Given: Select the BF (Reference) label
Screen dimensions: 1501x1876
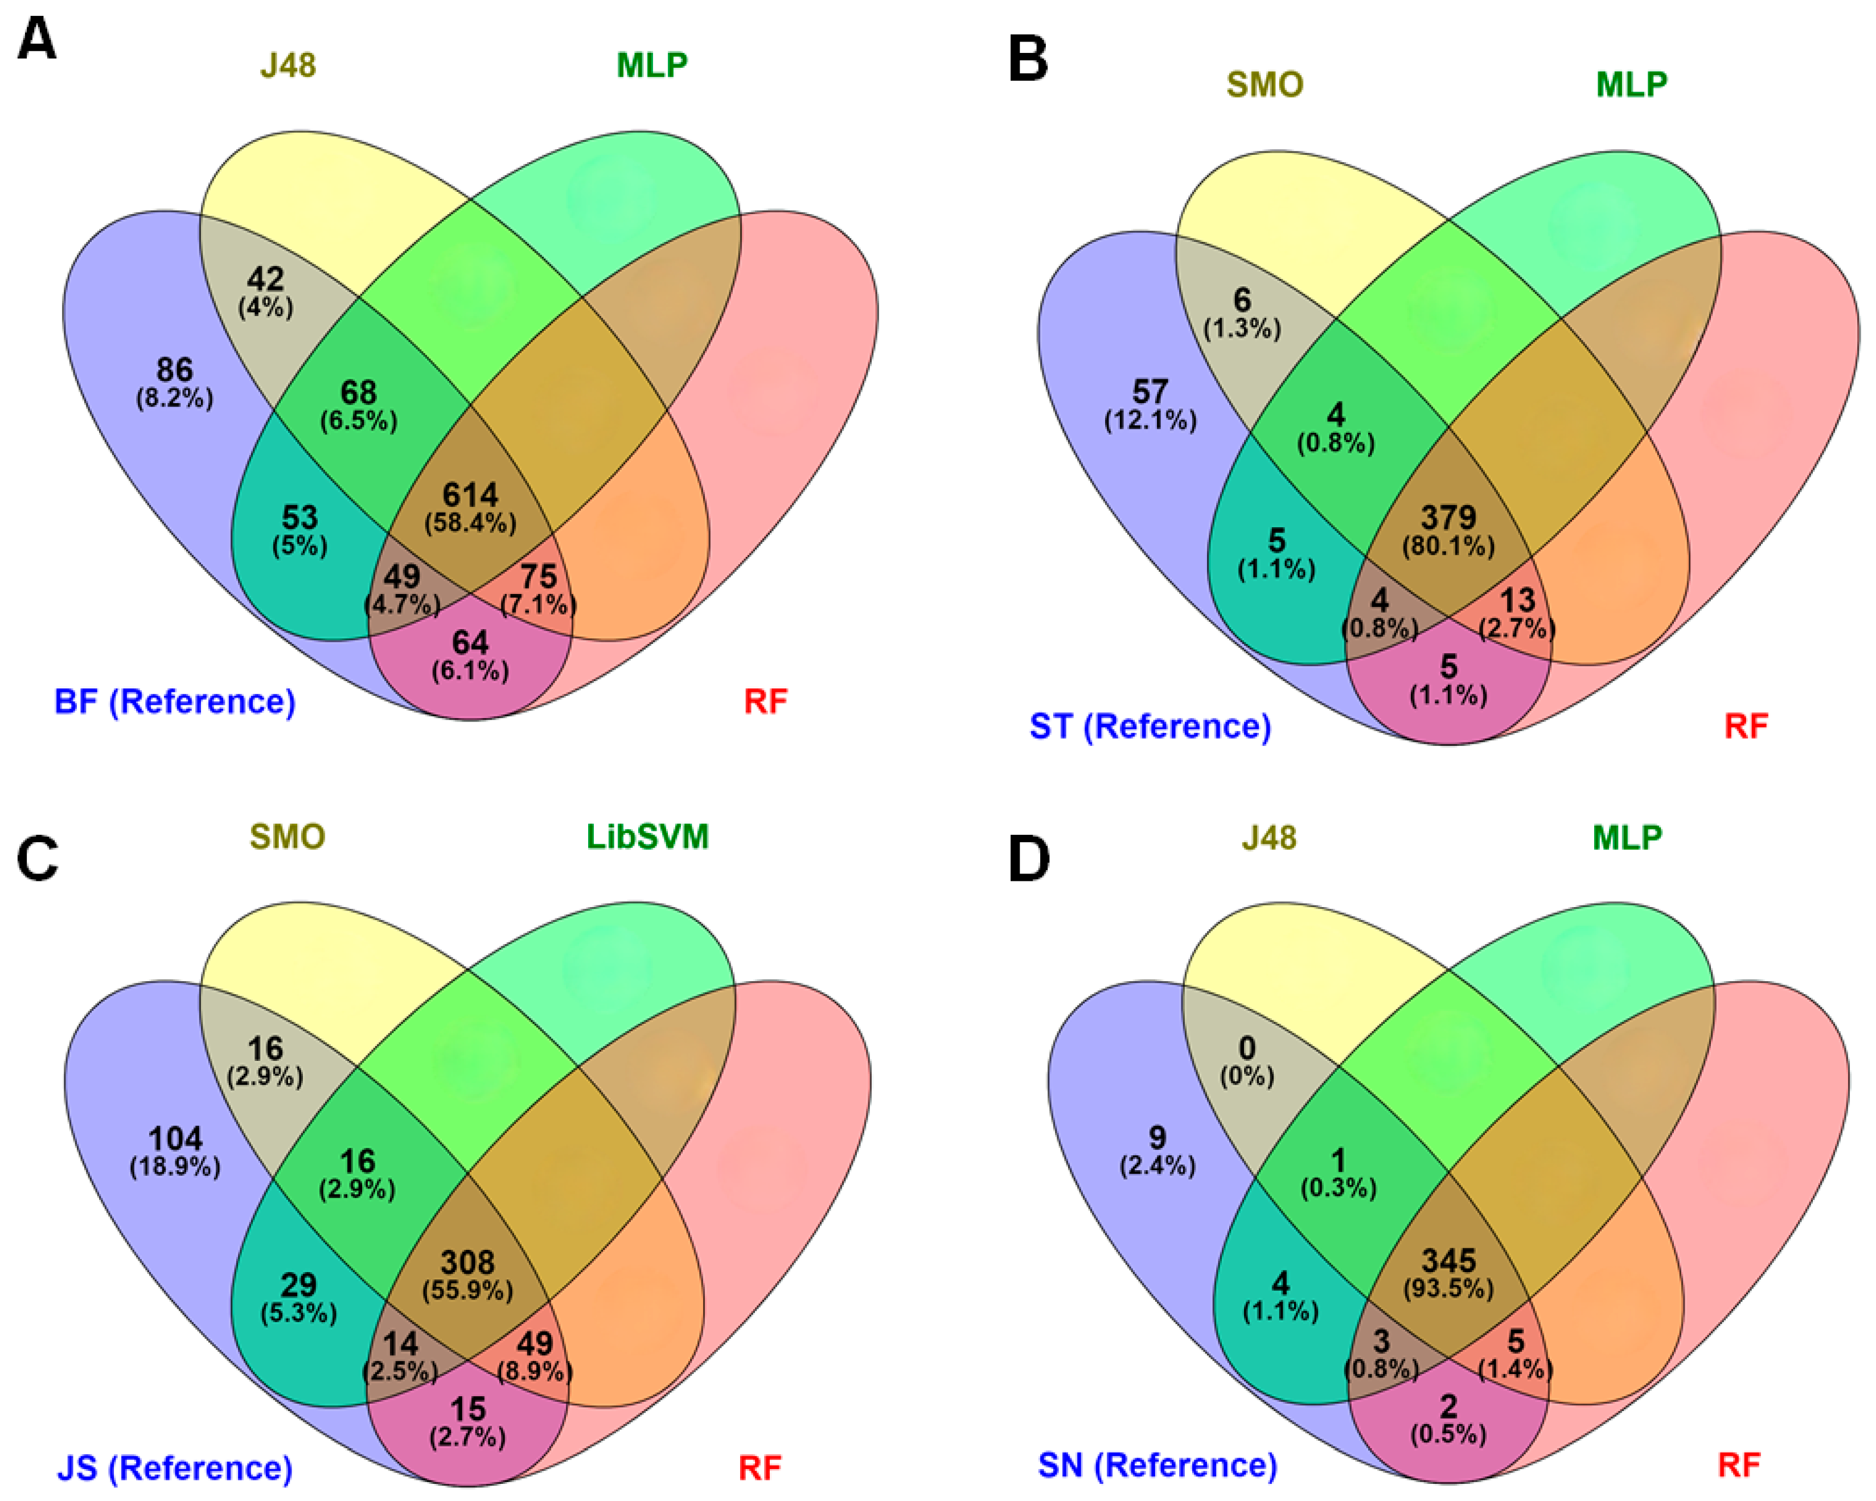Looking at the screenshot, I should click(x=175, y=702).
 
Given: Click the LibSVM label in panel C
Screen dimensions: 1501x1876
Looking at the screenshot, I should click(x=647, y=836).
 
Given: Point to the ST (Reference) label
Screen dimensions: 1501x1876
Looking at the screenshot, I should click(x=1150, y=725).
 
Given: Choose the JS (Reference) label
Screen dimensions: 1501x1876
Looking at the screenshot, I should click(x=175, y=1468).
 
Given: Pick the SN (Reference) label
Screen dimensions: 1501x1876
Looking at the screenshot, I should click(x=1157, y=1465).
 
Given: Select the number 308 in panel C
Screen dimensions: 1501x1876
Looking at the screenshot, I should click(x=468, y=1262).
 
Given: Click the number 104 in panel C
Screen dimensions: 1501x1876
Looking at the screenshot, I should click(x=175, y=1138).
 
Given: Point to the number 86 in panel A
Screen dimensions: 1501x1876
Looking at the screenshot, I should click(x=174, y=370).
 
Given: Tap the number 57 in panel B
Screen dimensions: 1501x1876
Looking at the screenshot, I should click(x=1150, y=392).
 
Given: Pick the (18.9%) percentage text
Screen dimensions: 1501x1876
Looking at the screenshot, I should click(x=175, y=1167).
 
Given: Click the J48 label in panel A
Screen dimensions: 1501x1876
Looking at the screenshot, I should click(x=288, y=65).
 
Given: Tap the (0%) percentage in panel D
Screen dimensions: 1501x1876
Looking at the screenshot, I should click(x=1247, y=1076).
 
